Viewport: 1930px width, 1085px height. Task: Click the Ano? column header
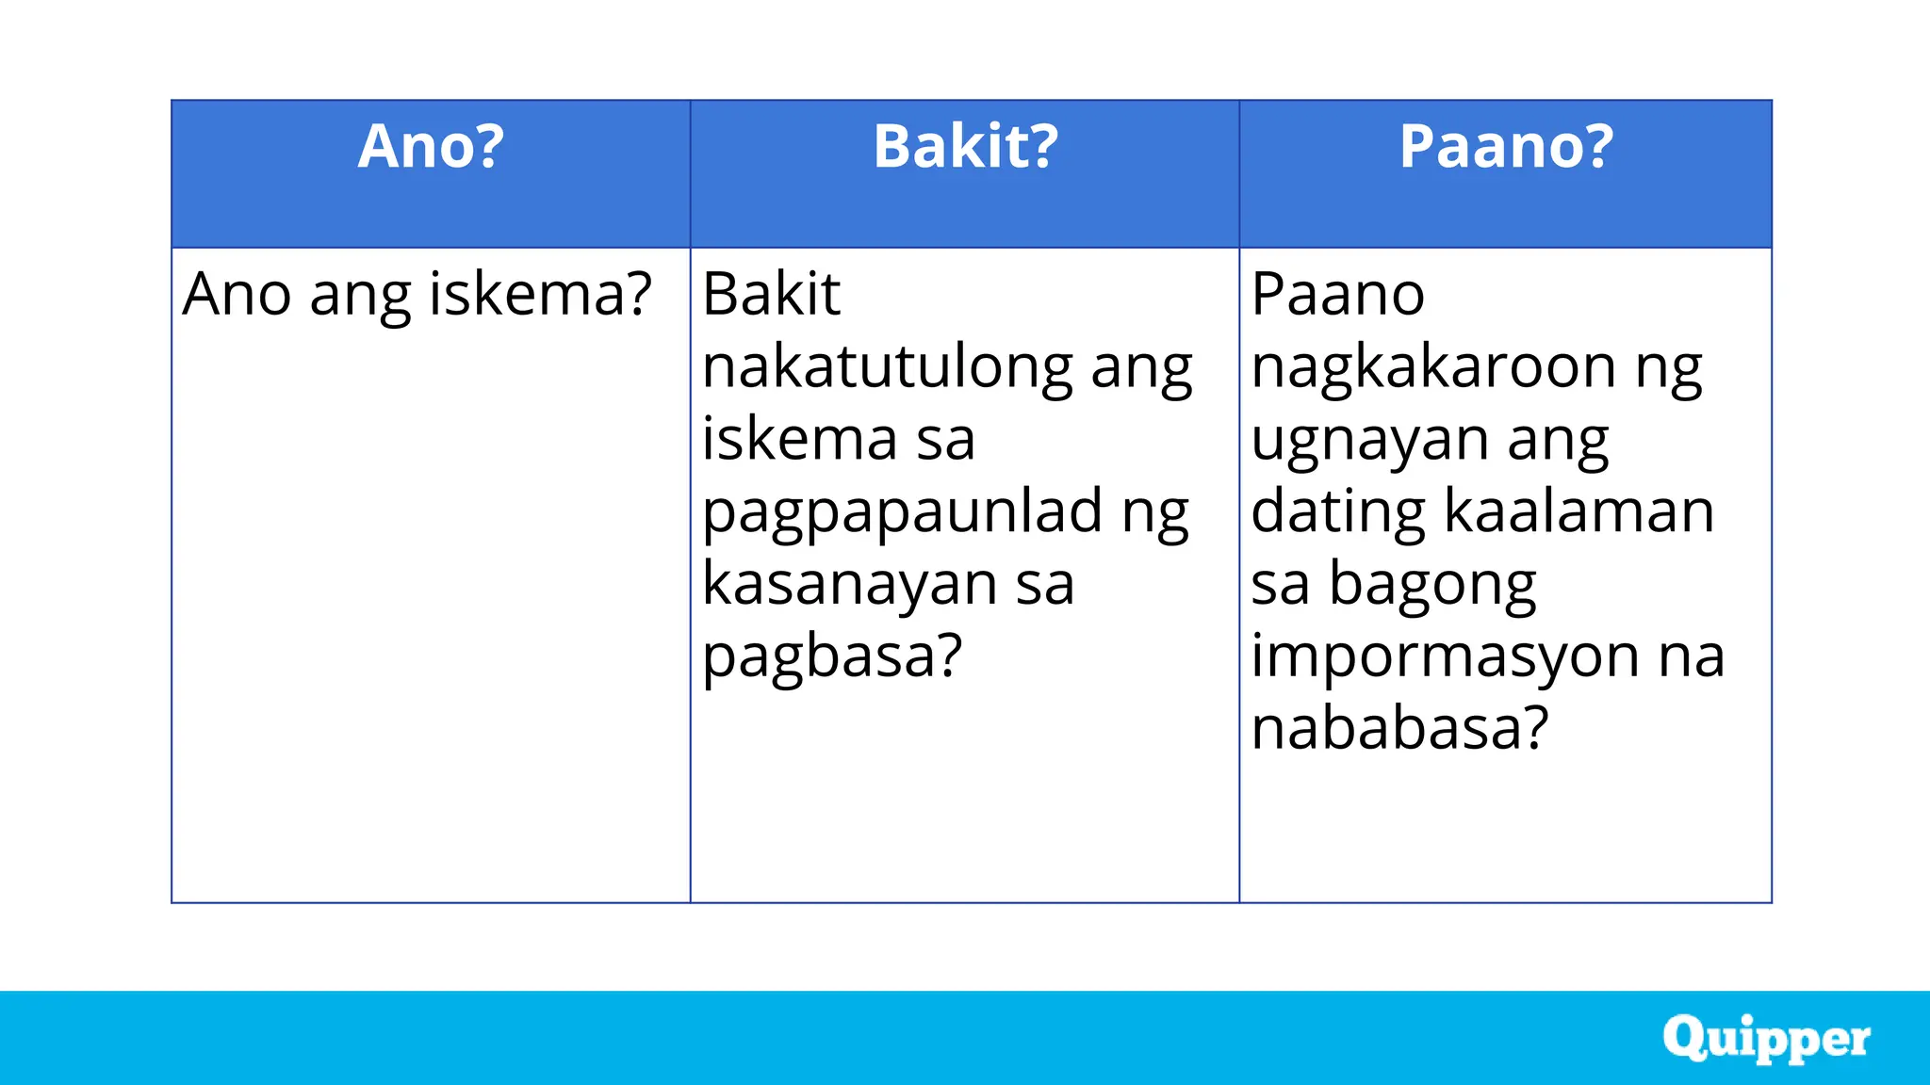coord(431,147)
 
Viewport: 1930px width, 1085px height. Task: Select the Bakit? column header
coord(965,147)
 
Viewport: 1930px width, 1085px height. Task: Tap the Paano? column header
coord(1506,147)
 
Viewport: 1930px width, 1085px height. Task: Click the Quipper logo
coord(1766,1039)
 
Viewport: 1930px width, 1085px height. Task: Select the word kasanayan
coord(850,584)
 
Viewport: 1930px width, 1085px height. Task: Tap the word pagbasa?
coord(832,657)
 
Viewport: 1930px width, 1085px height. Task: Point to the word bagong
coord(1432,586)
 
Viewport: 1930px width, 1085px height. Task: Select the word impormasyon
coord(1445,656)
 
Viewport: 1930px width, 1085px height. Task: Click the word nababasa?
coord(1399,728)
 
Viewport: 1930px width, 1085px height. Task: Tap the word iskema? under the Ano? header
coord(540,294)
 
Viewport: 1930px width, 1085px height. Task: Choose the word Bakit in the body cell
coord(771,294)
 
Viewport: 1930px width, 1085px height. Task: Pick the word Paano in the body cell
coord(1337,294)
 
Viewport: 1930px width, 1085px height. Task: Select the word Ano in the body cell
coord(237,294)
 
